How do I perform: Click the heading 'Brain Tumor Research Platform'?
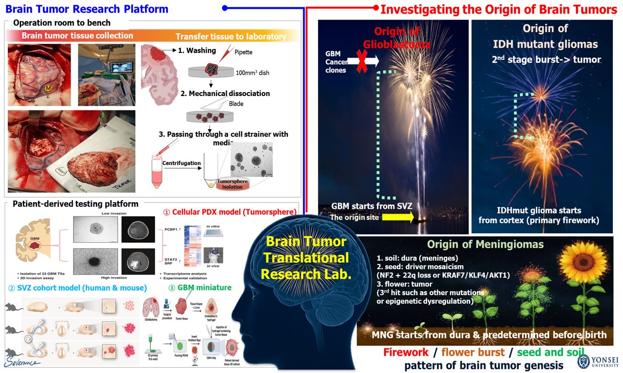pyautogui.click(x=87, y=9)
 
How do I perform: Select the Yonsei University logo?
pyautogui.click(x=584, y=361)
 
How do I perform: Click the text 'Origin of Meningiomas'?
pyautogui.click(x=485, y=244)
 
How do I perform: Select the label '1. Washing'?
pyautogui.click(x=197, y=50)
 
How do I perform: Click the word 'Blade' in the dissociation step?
pyautogui.click(x=236, y=103)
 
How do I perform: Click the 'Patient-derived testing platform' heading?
pyautogui.click(x=76, y=204)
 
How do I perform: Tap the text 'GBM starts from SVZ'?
pyautogui.click(x=371, y=206)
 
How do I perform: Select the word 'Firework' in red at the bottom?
pyautogui.click(x=405, y=352)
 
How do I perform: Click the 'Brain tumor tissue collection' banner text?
pyautogui.click(x=77, y=36)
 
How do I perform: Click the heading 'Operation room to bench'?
pyautogui.click(x=62, y=23)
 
